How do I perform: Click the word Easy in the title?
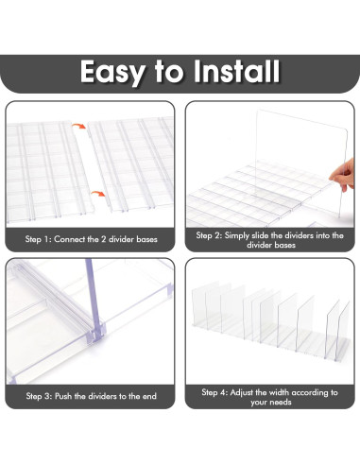click(112, 73)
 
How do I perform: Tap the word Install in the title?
click(236, 72)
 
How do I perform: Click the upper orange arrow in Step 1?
click(78, 126)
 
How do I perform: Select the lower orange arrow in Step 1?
click(98, 194)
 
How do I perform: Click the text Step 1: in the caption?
click(38, 239)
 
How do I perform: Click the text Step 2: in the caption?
click(209, 235)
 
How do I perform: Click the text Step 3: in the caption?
click(39, 396)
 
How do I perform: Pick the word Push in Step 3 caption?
click(63, 396)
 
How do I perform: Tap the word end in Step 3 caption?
click(149, 396)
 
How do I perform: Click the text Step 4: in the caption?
click(214, 392)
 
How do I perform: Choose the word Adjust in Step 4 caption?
click(242, 393)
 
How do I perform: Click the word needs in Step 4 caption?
click(280, 403)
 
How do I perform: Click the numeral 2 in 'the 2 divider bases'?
click(103, 239)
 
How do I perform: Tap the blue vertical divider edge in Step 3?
click(94, 296)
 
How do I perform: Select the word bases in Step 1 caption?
click(146, 239)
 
